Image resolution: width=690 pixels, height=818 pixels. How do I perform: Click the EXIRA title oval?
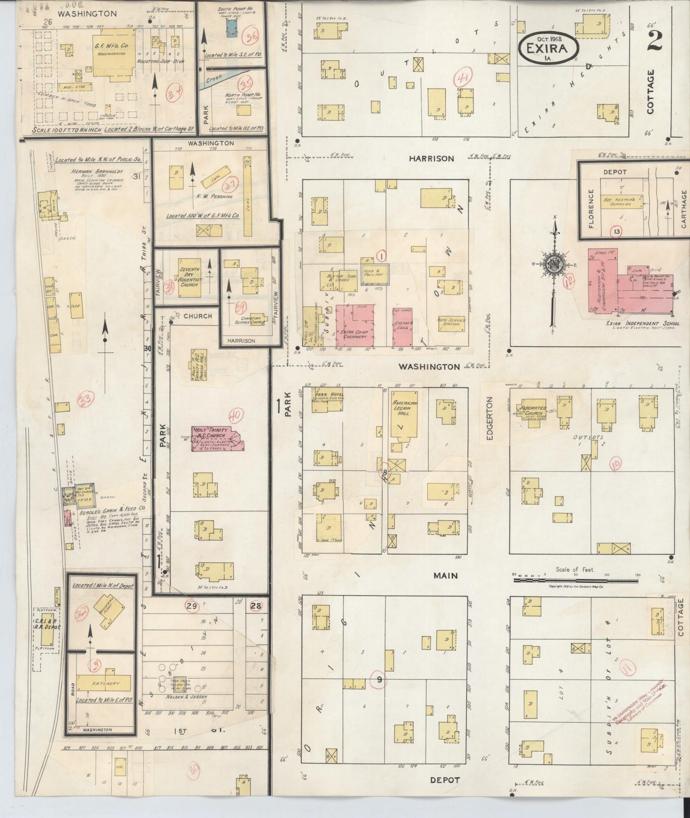pos(549,47)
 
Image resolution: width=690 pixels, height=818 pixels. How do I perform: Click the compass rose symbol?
pos(554,263)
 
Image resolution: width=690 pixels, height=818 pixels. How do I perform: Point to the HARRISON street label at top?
pos(431,158)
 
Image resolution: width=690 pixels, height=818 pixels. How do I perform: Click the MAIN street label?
pos(446,576)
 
